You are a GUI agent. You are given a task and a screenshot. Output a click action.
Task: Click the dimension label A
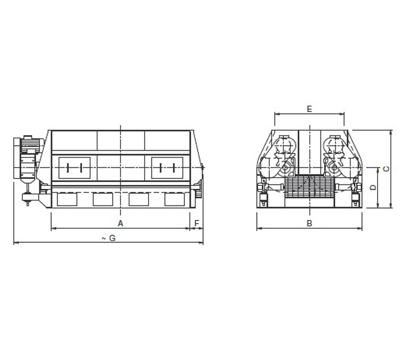[x=120, y=223]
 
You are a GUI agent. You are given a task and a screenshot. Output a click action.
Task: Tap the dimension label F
[x=197, y=223]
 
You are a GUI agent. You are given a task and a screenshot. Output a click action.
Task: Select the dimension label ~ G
[x=109, y=238]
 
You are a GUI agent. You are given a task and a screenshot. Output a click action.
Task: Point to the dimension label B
[x=309, y=223]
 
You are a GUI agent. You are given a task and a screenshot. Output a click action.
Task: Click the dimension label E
[x=309, y=109]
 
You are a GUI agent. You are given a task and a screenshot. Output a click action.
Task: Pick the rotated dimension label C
[x=387, y=169]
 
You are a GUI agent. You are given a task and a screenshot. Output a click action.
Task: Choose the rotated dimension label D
[x=373, y=187]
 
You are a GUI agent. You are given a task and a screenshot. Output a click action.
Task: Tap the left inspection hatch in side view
[x=74, y=168]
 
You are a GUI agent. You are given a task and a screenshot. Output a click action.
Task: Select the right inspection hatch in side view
[x=167, y=168]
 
